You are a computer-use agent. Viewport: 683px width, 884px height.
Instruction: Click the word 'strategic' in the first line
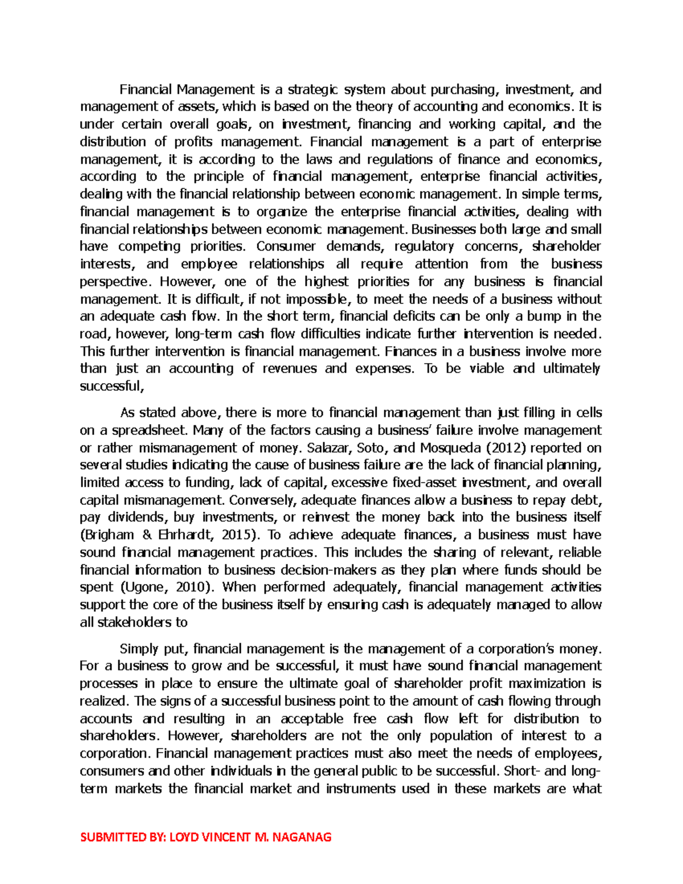coord(312,89)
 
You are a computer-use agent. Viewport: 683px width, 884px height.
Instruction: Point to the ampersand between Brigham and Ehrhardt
coord(147,535)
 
